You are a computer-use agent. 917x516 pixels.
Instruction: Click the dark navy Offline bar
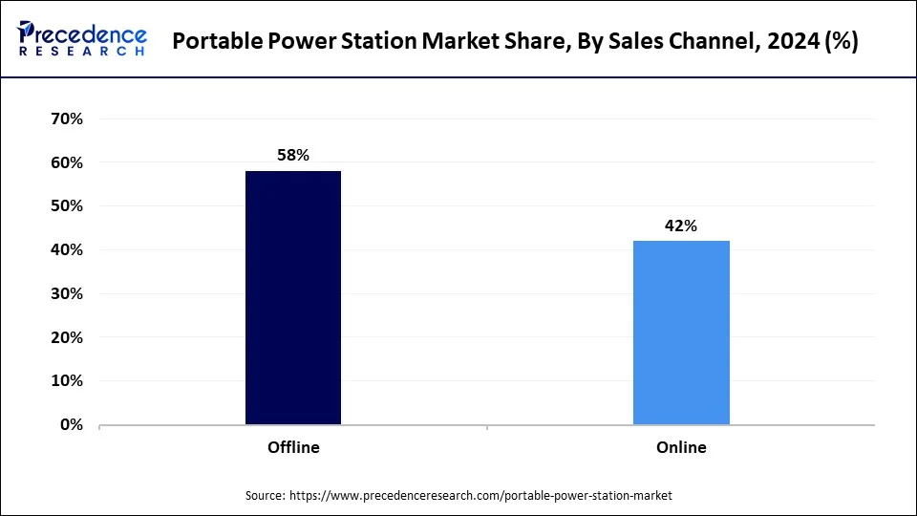click(293, 297)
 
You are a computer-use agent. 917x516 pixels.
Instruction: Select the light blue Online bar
click(681, 333)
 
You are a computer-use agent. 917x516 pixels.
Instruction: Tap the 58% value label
click(293, 155)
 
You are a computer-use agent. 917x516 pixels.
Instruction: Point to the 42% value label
click(681, 226)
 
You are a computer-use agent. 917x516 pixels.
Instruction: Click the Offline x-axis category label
click(293, 447)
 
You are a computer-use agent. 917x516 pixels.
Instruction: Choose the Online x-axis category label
click(681, 447)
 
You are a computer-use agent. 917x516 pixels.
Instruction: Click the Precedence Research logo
click(82, 39)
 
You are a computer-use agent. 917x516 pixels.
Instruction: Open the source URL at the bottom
click(480, 495)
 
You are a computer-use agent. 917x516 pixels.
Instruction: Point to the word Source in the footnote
click(265, 495)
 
